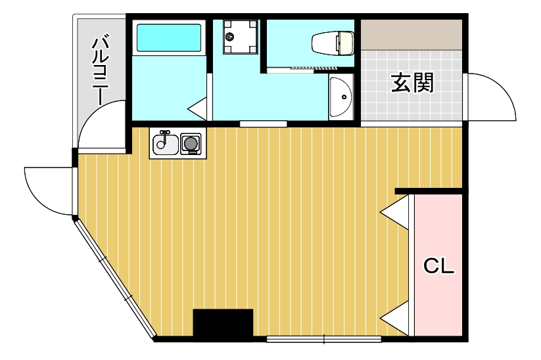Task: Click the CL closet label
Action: [438, 266]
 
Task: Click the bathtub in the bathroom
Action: [168, 38]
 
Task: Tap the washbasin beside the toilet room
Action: [341, 97]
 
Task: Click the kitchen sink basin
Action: [164, 144]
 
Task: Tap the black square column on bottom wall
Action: [223, 323]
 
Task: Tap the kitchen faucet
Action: [164, 134]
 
